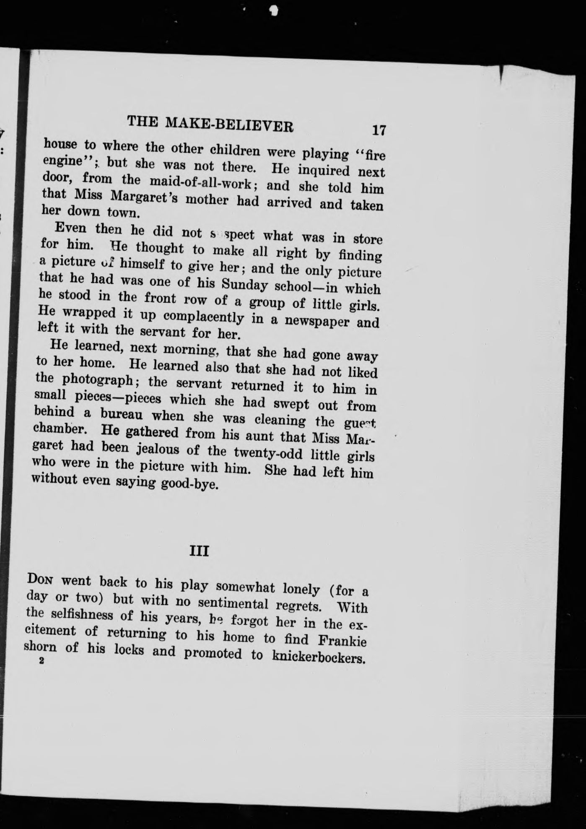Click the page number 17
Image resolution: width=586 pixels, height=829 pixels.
[379, 130]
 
